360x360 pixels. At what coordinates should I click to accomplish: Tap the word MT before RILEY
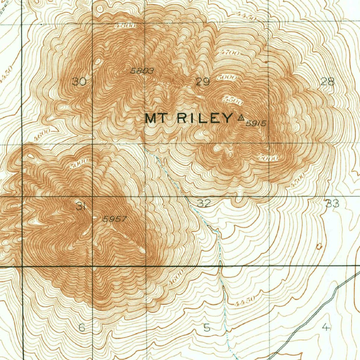click(x=156, y=118)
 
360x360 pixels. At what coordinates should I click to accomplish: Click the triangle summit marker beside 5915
click(x=241, y=118)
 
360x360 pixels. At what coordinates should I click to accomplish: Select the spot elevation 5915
click(x=256, y=123)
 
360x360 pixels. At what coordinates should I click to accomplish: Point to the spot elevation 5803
click(x=142, y=71)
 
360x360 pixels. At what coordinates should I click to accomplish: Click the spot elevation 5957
click(x=115, y=219)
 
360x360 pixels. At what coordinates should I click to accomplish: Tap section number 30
click(x=79, y=82)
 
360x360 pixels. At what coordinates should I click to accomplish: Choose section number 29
click(x=203, y=82)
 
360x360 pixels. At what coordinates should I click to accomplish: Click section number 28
click(x=328, y=82)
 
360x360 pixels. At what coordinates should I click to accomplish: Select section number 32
click(x=204, y=203)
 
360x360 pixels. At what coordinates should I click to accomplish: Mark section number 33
click(x=332, y=203)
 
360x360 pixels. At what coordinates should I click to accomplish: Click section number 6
click(x=82, y=328)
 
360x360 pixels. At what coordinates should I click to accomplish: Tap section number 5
click(x=207, y=328)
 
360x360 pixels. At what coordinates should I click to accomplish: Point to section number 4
click(x=326, y=328)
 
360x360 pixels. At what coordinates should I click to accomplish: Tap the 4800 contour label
click(x=125, y=26)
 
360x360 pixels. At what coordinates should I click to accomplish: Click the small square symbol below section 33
click(x=319, y=246)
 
